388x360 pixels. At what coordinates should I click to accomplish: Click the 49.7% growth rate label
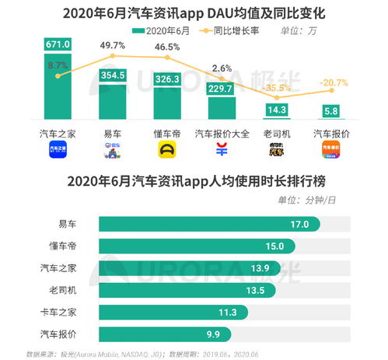[114, 46]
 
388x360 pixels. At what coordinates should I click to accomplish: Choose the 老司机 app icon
[277, 149]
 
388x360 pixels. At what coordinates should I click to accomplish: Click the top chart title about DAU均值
[193, 12]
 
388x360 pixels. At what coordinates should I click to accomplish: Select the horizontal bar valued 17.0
[208, 224]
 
